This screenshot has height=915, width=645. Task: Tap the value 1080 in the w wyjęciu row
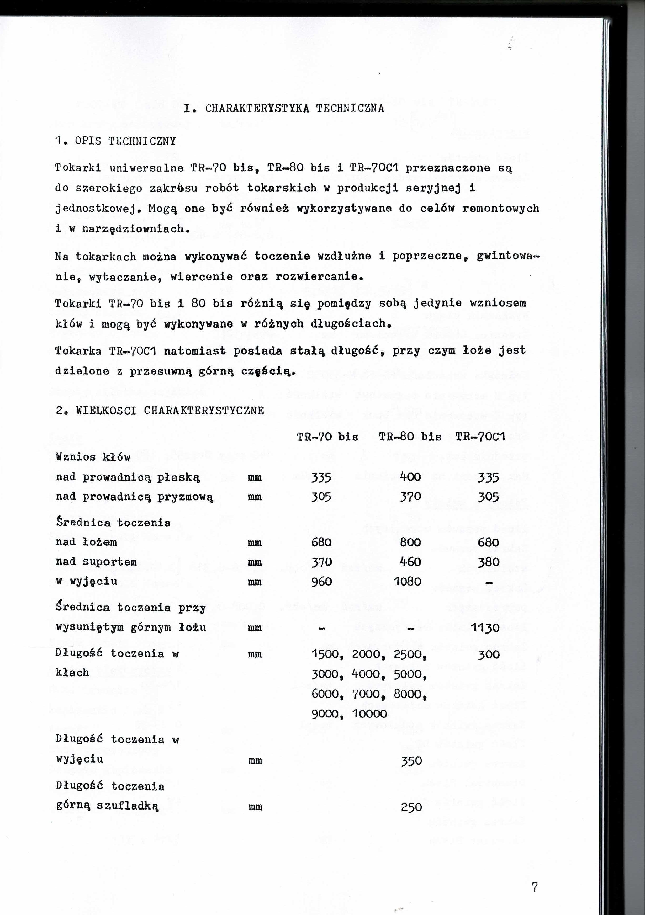tap(408, 581)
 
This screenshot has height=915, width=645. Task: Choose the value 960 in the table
tap(322, 581)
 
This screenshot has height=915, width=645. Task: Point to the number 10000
tap(369, 714)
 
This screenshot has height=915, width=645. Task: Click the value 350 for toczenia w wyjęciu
tap(411, 761)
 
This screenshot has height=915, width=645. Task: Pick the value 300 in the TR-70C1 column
tap(489, 654)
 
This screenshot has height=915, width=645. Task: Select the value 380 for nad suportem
tap(489, 562)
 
